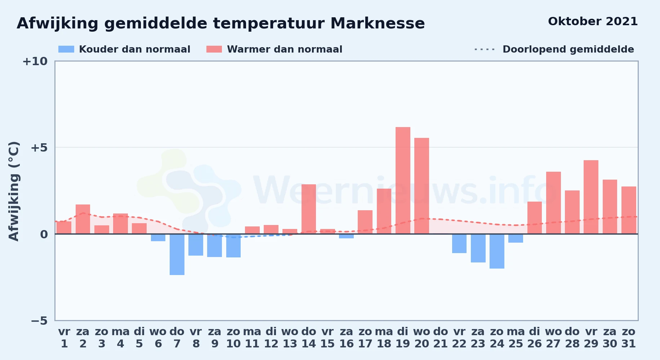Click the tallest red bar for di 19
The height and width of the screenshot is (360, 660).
[x=403, y=180]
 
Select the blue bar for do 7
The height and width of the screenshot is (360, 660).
[x=177, y=255]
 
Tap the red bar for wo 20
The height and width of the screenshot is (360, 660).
[x=422, y=186]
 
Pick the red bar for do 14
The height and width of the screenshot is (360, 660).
[x=309, y=209]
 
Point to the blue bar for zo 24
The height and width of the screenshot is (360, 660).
[x=497, y=251]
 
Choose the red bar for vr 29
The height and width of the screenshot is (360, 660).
[x=591, y=197]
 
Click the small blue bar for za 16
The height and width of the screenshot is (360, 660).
[x=346, y=236]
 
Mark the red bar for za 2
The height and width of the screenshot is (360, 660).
[x=83, y=219]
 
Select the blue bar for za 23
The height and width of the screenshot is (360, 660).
[x=478, y=248]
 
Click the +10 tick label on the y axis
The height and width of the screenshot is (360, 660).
[x=35, y=61]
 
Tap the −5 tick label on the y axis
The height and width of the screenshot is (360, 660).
[x=39, y=320]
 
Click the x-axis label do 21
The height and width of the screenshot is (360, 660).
[x=440, y=338]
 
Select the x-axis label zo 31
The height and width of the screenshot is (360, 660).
[x=629, y=338]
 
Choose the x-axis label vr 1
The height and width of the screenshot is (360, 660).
[x=64, y=338]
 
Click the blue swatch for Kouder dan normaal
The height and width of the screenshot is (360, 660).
[x=66, y=49]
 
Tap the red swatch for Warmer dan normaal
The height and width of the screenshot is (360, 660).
[x=214, y=49]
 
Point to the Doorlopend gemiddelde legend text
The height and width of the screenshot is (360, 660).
[x=568, y=49]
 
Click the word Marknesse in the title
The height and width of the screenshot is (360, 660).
[x=378, y=23]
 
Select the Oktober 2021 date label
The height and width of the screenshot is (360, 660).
[x=593, y=22]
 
